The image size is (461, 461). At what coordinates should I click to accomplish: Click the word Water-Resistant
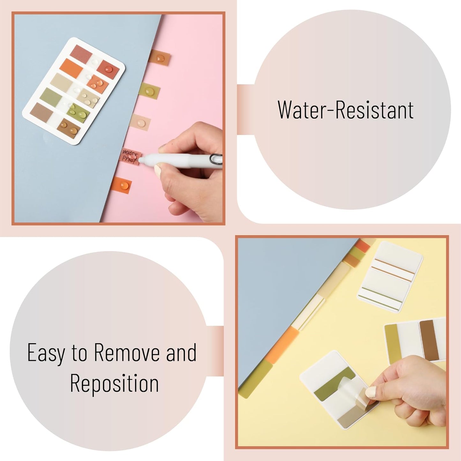click(x=346, y=110)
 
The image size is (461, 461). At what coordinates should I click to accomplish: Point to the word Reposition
click(x=114, y=383)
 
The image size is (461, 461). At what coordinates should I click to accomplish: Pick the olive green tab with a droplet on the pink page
click(x=149, y=91)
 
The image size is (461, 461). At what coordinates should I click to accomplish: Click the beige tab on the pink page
click(x=140, y=123)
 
